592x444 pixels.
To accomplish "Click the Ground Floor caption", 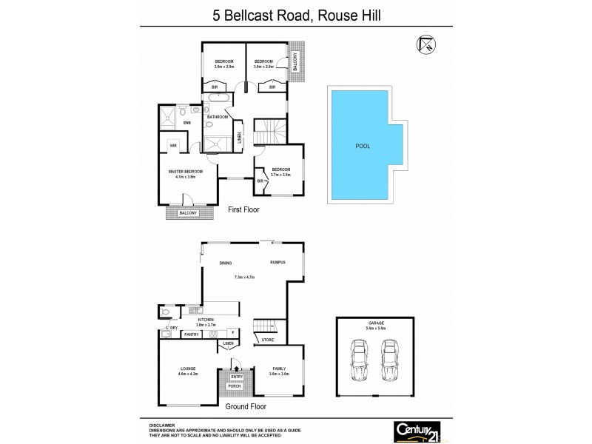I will point(246,406).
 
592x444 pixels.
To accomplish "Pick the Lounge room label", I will point(187,369).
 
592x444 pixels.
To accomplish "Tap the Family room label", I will point(279,368).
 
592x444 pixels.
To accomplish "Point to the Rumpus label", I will point(277,263).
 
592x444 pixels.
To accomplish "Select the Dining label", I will point(226,263).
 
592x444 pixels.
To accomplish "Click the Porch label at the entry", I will point(235,385).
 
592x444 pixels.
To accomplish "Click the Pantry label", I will point(192,334).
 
